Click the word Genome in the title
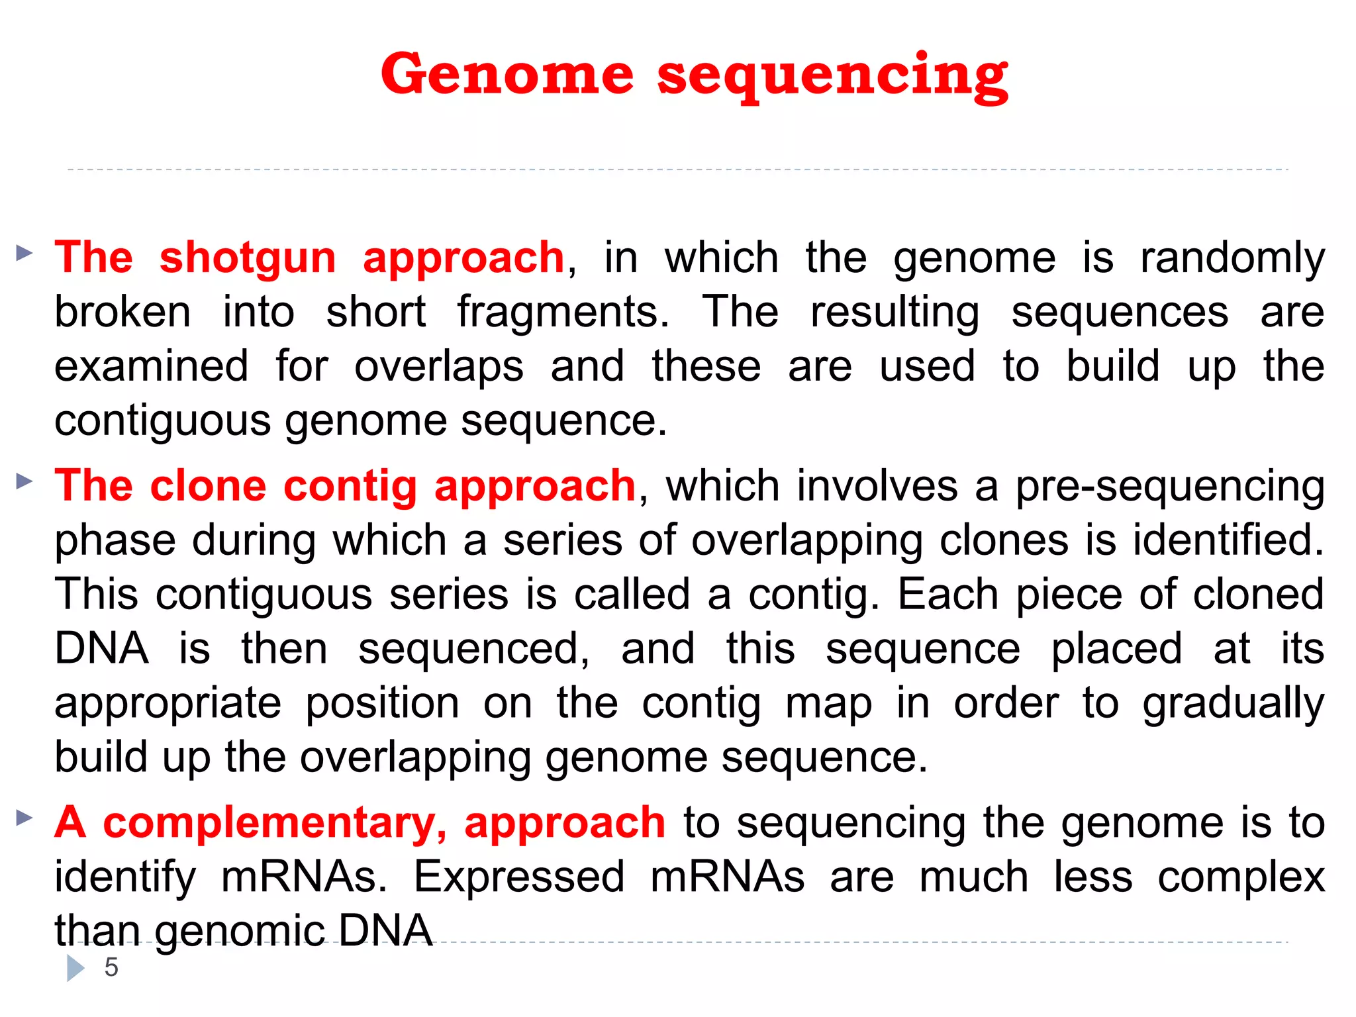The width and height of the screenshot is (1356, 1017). click(x=507, y=74)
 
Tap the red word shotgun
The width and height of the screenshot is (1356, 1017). click(x=248, y=258)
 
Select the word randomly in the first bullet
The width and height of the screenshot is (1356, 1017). click(x=1232, y=258)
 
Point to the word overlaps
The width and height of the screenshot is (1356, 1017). click(x=438, y=366)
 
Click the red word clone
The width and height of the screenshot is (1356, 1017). click(x=208, y=485)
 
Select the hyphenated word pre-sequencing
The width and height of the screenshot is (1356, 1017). click(x=1170, y=487)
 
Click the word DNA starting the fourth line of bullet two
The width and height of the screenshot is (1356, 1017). click(x=101, y=648)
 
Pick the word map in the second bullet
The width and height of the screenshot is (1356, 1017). click(x=828, y=703)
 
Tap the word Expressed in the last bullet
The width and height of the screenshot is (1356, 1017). click(x=519, y=877)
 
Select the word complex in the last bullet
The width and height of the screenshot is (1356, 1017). click(x=1241, y=877)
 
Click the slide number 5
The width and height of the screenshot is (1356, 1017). click(x=111, y=967)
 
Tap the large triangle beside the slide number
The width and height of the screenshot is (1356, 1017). click(x=75, y=967)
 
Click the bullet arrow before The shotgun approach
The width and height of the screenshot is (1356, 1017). click(x=24, y=252)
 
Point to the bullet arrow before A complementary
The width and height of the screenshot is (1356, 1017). click(x=24, y=818)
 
